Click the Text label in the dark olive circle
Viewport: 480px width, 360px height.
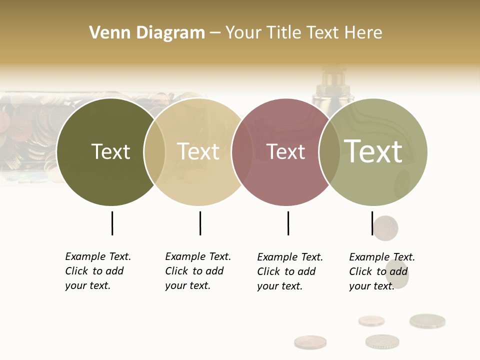pyautogui.click(x=110, y=151)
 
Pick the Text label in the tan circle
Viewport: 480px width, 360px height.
pyautogui.click(x=198, y=151)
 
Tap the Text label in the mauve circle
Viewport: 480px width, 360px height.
pyautogui.click(x=286, y=151)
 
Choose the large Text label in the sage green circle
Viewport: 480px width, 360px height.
pyautogui.click(x=373, y=151)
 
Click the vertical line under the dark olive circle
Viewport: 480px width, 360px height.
pyautogui.click(x=112, y=223)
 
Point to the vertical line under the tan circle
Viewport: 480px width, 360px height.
pyautogui.click(x=200, y=223)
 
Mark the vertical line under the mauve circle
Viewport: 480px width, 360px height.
pyautogui.click(x=288, y=223)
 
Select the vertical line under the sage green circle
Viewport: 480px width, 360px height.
pyautogui.click(x=372, y=223)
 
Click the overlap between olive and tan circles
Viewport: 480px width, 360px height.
pyautogui.click(x=154, y=152)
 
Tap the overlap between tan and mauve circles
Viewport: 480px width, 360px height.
pyautogui.click(x=242, y=152)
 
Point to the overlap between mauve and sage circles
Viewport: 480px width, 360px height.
pyautogui.click(x=329, y=152)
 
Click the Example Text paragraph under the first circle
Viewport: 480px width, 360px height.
pyautogui.click(x=97, y=271)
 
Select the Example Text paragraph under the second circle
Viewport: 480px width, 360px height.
pyautogui.click(x=197, y=271)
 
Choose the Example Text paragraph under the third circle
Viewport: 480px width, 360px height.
pyautogui.click(x=289, y=271)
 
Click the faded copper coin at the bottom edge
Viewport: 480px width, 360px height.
pyautogui.click(x=310, y=342)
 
